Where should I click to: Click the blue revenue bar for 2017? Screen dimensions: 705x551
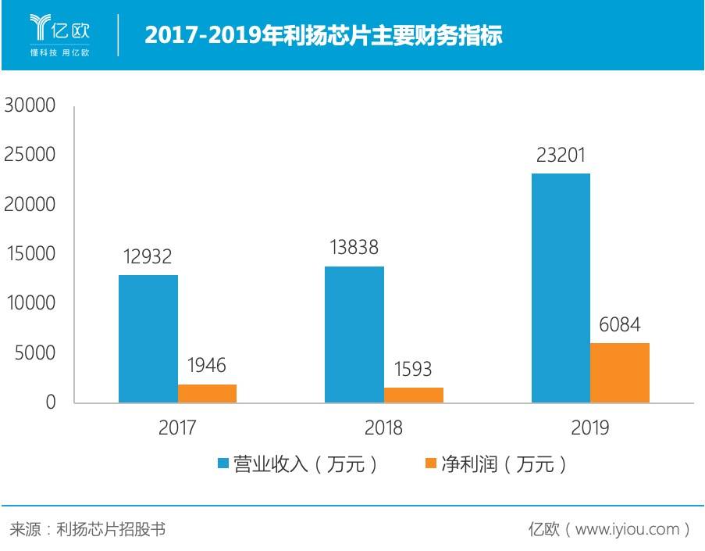[x=148, y=338]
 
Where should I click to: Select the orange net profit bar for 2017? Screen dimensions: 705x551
[x=207, y=393]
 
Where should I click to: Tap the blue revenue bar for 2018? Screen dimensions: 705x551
[x=354, y=335]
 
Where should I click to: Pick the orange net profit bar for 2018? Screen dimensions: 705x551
[x=414, y=395]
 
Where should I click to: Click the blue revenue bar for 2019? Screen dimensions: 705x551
[x=561, y=288]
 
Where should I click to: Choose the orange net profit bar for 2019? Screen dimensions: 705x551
[x=620, y=373]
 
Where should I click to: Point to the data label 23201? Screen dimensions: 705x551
[x=561, y=156]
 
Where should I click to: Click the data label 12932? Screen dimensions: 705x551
[x=148, y=256]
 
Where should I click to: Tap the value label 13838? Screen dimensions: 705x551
[x=354, y=247]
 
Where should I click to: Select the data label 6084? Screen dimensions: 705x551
[x=620, y=324]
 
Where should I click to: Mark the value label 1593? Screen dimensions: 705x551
[x=413, y=369]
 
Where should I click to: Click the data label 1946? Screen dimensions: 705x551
[x=206, y=365]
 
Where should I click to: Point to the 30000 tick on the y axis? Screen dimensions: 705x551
[x=30, y=105]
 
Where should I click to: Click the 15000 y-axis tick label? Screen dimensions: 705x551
[x=30, y=253]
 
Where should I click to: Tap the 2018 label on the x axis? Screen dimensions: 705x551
[x=383, y=428]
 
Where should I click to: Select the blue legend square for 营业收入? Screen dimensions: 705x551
[x=223, y=463]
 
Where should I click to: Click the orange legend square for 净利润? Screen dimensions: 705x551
[x=431, y=463]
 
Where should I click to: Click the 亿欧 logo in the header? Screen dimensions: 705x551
[x=60, y=35]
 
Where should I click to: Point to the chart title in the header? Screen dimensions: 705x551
[x=323, y=35]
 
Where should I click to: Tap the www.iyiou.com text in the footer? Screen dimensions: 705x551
[x=627, y=529]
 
